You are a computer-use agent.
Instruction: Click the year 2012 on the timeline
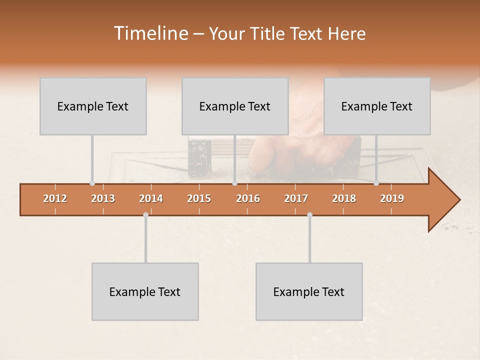pos(55,198)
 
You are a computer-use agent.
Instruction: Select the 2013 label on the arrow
pos(103,198)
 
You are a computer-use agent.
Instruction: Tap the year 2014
pos(151,198)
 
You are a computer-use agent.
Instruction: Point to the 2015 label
pos(199,198)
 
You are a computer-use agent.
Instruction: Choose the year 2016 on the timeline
pos(248,198)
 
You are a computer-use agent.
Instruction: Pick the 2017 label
pos(296,198)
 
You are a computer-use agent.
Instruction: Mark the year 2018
pos(344,198)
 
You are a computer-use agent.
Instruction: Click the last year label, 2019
pos(392,198)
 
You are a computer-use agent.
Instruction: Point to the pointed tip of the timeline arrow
pos(459,200)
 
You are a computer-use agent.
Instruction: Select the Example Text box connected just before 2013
pos(93,106)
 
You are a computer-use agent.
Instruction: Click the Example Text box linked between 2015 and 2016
pos(235,106)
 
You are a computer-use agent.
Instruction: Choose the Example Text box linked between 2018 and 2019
pos(377,106)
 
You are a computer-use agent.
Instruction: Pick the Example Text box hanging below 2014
pos(145,291)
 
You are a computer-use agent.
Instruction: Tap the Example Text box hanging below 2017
pos(309,291)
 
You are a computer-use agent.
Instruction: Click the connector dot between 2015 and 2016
pos(234,183)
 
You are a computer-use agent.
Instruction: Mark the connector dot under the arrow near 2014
pos(145,215)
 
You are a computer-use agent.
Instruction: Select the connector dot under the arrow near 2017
pos(309,215)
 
